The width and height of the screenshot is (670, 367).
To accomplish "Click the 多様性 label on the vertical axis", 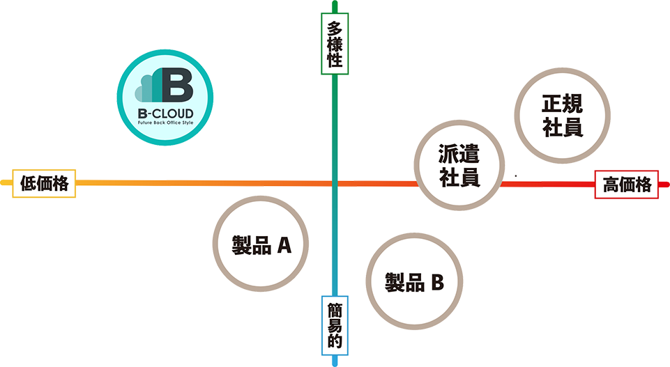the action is [x=335, y=44].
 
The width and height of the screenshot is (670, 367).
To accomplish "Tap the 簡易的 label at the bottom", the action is [x=335, y=325].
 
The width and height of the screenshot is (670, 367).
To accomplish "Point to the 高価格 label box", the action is [x=627, y=185].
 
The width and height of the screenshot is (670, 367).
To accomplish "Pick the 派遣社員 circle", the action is [x=459, y=165].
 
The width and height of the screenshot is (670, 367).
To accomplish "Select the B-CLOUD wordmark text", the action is [x=165, y=113].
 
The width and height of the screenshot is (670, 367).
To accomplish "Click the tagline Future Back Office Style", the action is [x=165, y=123].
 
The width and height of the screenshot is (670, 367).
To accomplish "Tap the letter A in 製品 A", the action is [x=283, y=245].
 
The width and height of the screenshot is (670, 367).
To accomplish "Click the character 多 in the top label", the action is [x=335, y=29].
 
